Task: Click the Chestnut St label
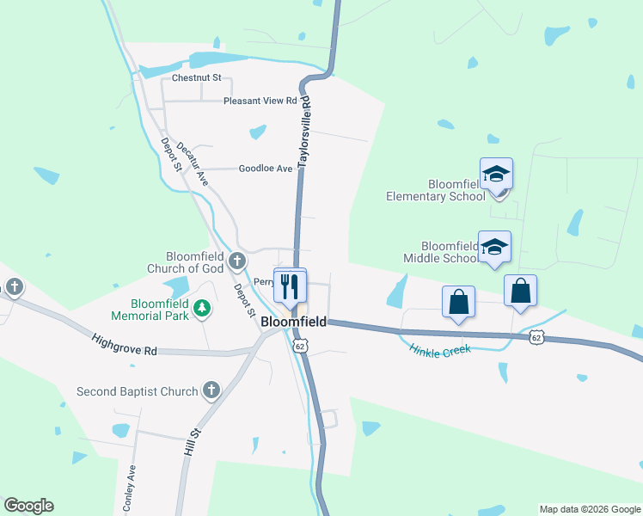pyautogui.click(x=197, y=77)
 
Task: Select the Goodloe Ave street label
pyautogui.click(x=266, y=169)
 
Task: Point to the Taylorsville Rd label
pyautogui.click(x=304, y=132)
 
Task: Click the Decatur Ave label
pyautogui.click(x=193, y=163)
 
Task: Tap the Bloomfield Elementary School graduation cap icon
pyautogui.click(x=497, y=175)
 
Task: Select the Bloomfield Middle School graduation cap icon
pyautogui.click(x=494, y=248)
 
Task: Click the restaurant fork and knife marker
pyautogui.click(x=290, y=284)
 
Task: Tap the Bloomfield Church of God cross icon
pyautogui.click(x=238, y=259)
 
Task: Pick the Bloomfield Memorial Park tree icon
pyautogui.click(x=202, y=307)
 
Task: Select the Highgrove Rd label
pyautogui.click(x=126, y=345)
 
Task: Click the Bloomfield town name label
pyautogui.click(x=293, y=322)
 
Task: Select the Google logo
pyautogui.click(x=28, y=506)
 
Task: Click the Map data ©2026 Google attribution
pyautogui.click(x=589, y=509)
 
